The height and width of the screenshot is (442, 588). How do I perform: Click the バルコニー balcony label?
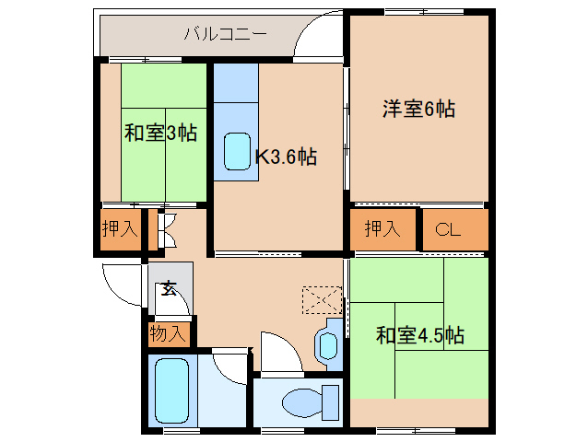pos(226,34)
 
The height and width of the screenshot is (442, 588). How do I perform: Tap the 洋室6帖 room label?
pos(418,109)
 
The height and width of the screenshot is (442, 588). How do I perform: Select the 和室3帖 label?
pos(160,133)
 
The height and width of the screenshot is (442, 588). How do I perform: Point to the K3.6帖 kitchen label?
pos(286,157)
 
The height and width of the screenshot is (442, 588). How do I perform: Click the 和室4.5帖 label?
pos(420,335)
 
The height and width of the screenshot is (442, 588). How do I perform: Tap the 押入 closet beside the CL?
pos(382,229)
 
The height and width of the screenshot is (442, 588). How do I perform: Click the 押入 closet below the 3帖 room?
pos(121,229)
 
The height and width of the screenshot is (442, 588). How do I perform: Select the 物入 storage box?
pos(170,333)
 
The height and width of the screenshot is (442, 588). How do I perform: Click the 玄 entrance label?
pos(169,288)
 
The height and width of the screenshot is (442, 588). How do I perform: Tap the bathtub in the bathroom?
pos(171,390)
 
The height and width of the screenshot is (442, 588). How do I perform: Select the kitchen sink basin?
pos(237,151)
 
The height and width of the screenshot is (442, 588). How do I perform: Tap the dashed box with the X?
pos(323,300)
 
